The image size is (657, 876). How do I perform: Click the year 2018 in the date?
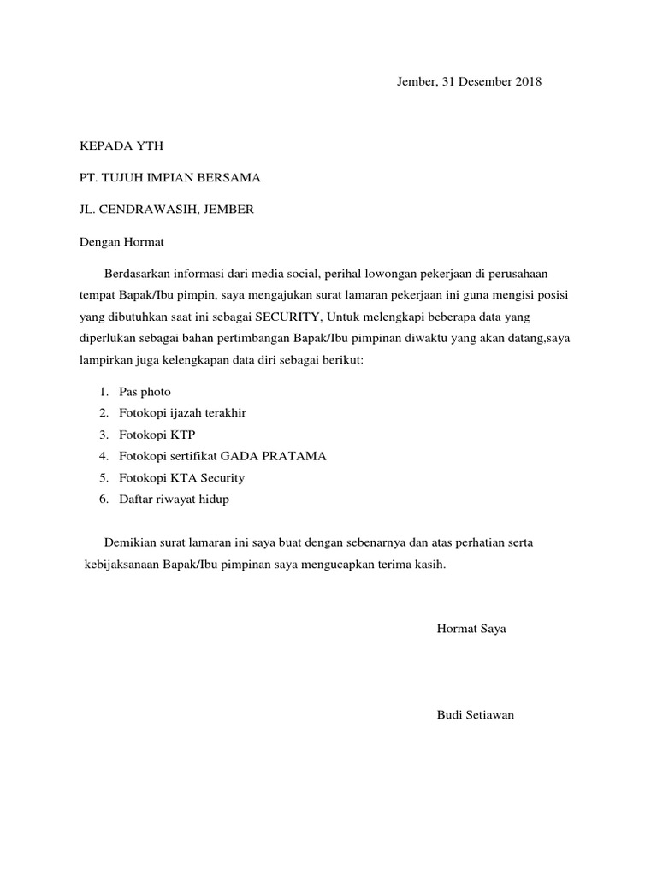[527, 82]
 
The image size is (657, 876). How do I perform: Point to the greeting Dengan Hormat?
[121, 242]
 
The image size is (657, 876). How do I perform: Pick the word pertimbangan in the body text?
[246, 338]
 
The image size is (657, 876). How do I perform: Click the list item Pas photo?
[145, 392]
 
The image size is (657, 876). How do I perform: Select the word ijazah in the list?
[189, 413]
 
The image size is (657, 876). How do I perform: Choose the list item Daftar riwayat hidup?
[175, 499]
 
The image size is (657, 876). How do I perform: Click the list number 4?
[102, 456]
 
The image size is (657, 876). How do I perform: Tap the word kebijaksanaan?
[120, 565]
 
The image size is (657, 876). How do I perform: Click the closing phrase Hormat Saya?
[471, 629]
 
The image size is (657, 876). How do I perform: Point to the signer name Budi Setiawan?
[475, 714]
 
